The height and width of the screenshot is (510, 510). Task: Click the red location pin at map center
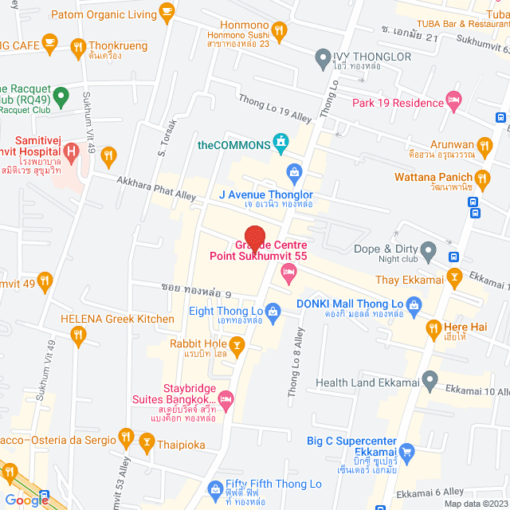click(x=254, y=239)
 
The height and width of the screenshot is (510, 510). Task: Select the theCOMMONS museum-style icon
click(x=280, y=143)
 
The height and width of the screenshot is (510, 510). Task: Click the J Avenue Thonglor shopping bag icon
click(x=294, y=172)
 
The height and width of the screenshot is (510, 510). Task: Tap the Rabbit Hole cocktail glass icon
click(x=235, y=343)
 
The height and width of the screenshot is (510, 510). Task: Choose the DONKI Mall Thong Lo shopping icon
click(x=414, y=304)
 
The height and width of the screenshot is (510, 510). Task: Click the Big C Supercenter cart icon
click(x=406, y=453)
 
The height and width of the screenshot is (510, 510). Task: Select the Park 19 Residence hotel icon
click(x=454, y=102)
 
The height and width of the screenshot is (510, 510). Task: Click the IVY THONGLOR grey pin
click(x=323, y=57)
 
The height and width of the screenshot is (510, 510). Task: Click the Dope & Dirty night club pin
click(x=428, y=253)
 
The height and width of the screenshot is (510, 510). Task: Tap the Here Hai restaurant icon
click(x=433, y=327)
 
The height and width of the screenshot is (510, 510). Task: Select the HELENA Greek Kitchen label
click(x=118, y=319)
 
